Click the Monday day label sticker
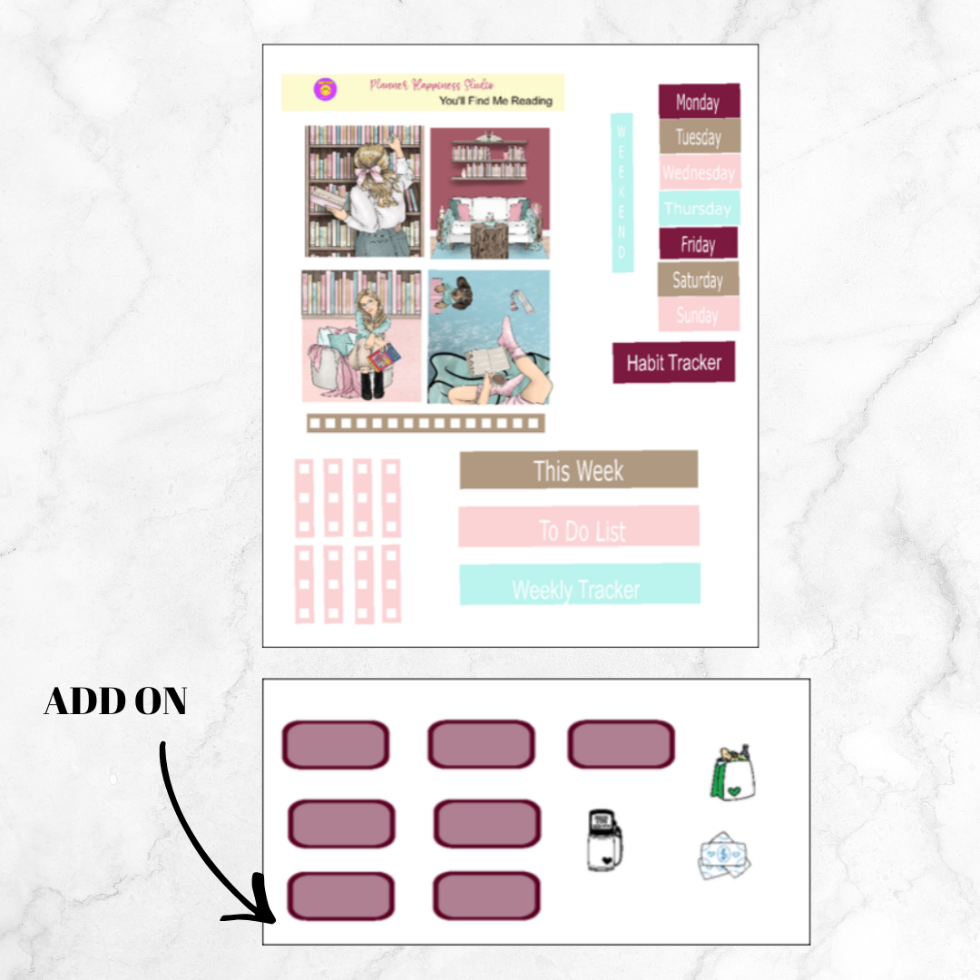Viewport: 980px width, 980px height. coord(698,102)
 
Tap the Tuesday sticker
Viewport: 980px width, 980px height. coord(698,137)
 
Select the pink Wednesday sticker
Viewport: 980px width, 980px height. coord(698,172)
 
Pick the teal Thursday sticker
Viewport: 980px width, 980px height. coord(698,209)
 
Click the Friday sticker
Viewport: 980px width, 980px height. coord(697,244)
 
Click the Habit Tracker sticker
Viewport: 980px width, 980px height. coord(673,363)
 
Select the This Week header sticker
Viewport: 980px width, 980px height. coord(578,470)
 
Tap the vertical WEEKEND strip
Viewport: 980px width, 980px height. coord(622,192)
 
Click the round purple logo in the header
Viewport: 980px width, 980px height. coord(325,89)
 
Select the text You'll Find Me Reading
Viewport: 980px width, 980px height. coord(495,101)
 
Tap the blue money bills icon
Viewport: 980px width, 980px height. coord(724,856)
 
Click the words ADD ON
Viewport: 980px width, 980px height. coord(115,701)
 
